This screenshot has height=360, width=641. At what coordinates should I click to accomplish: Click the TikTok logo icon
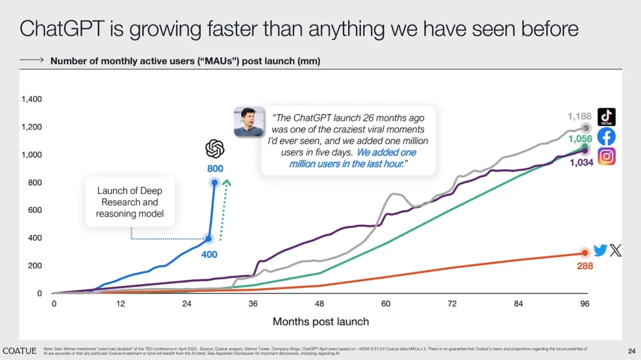pyautogui.click(x=606, y=117)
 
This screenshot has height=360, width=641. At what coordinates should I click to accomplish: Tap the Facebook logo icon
pyautogui.click(x=606, y=136)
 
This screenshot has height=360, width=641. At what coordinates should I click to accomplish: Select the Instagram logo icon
pyautogui.click(x=606, y=157)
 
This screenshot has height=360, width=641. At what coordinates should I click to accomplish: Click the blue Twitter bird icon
pyautogui.click(x=600, y=250)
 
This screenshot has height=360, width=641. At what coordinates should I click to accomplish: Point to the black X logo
pyautogui.click(x=616, y=250)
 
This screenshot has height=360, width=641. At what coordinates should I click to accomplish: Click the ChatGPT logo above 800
pyautogui.click(x=215, y=149)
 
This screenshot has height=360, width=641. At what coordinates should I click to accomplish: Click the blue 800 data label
pyautogui.click(x=215, y=168)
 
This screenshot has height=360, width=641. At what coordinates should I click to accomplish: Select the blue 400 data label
pyautogui.click(x=208, y=255)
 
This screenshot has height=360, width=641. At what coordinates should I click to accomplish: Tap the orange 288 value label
pyautogui.click(x=584, y=266)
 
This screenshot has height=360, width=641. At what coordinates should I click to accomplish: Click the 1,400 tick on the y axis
pyautogui.click(x=31, y=99)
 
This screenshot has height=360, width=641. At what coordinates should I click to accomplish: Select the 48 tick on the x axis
pyautogui.click(x=320, y=304)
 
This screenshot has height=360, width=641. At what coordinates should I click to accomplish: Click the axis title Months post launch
pyautogui.click(x=320, y=322)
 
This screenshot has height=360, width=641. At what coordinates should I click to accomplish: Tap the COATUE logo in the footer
pyautogui.click(x=19, y=350)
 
